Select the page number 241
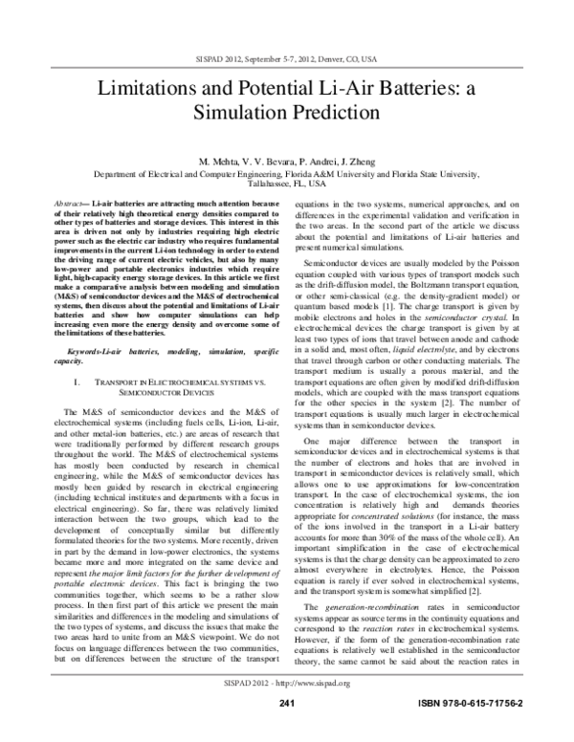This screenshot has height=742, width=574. coord(286,731)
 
